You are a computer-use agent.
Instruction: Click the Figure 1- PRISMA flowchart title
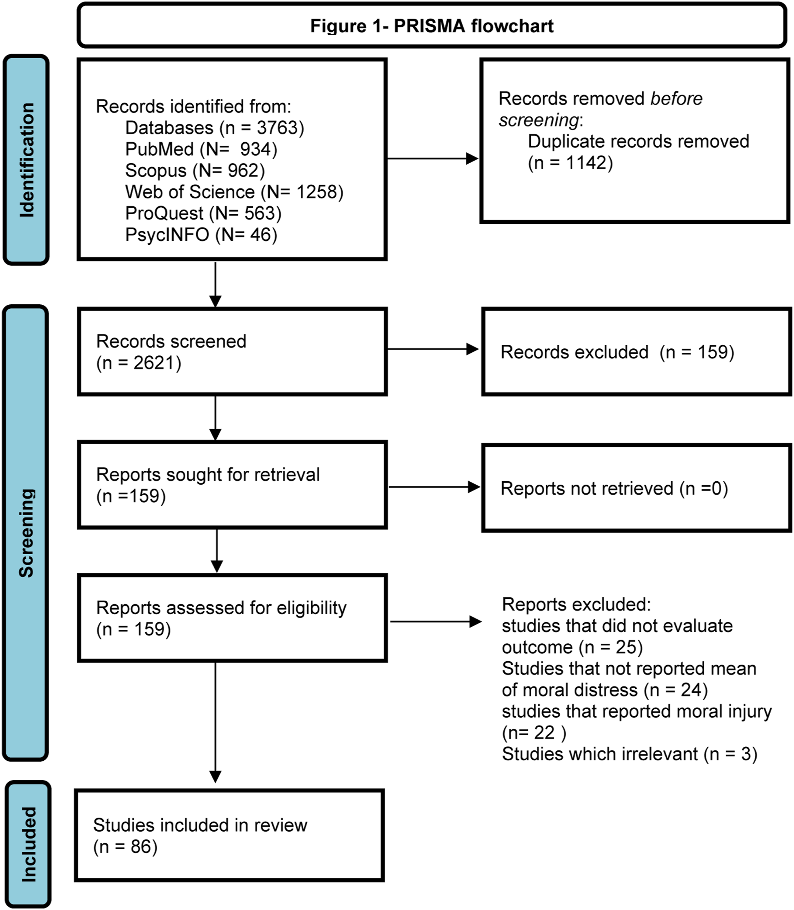[x=432, y=26]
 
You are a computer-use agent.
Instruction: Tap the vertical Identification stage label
[x=26, y=160]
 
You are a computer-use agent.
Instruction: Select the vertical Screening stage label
[x=26, y=533]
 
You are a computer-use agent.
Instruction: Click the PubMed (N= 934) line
[x=201, y=149]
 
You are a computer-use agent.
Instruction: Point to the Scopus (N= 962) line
[x=195, y=171]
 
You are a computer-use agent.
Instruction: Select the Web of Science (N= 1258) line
[x=234, y=192]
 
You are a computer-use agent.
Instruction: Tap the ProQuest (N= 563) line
[x=203, y=213]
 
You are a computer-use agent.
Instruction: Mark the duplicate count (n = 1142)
[x=570, y=163]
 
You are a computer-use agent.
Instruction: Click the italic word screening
[x=539, y=120]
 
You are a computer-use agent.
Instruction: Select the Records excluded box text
[x=617, y=352]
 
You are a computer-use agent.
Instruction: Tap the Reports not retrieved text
[x=614, y=489]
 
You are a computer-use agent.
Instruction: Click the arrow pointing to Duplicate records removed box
[x=433, y=159]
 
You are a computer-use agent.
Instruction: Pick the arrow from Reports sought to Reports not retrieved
[x=434, y=487]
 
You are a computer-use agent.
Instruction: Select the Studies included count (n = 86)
[x=125, y=847]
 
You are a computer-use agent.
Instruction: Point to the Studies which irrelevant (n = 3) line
[x=630, y=754]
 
